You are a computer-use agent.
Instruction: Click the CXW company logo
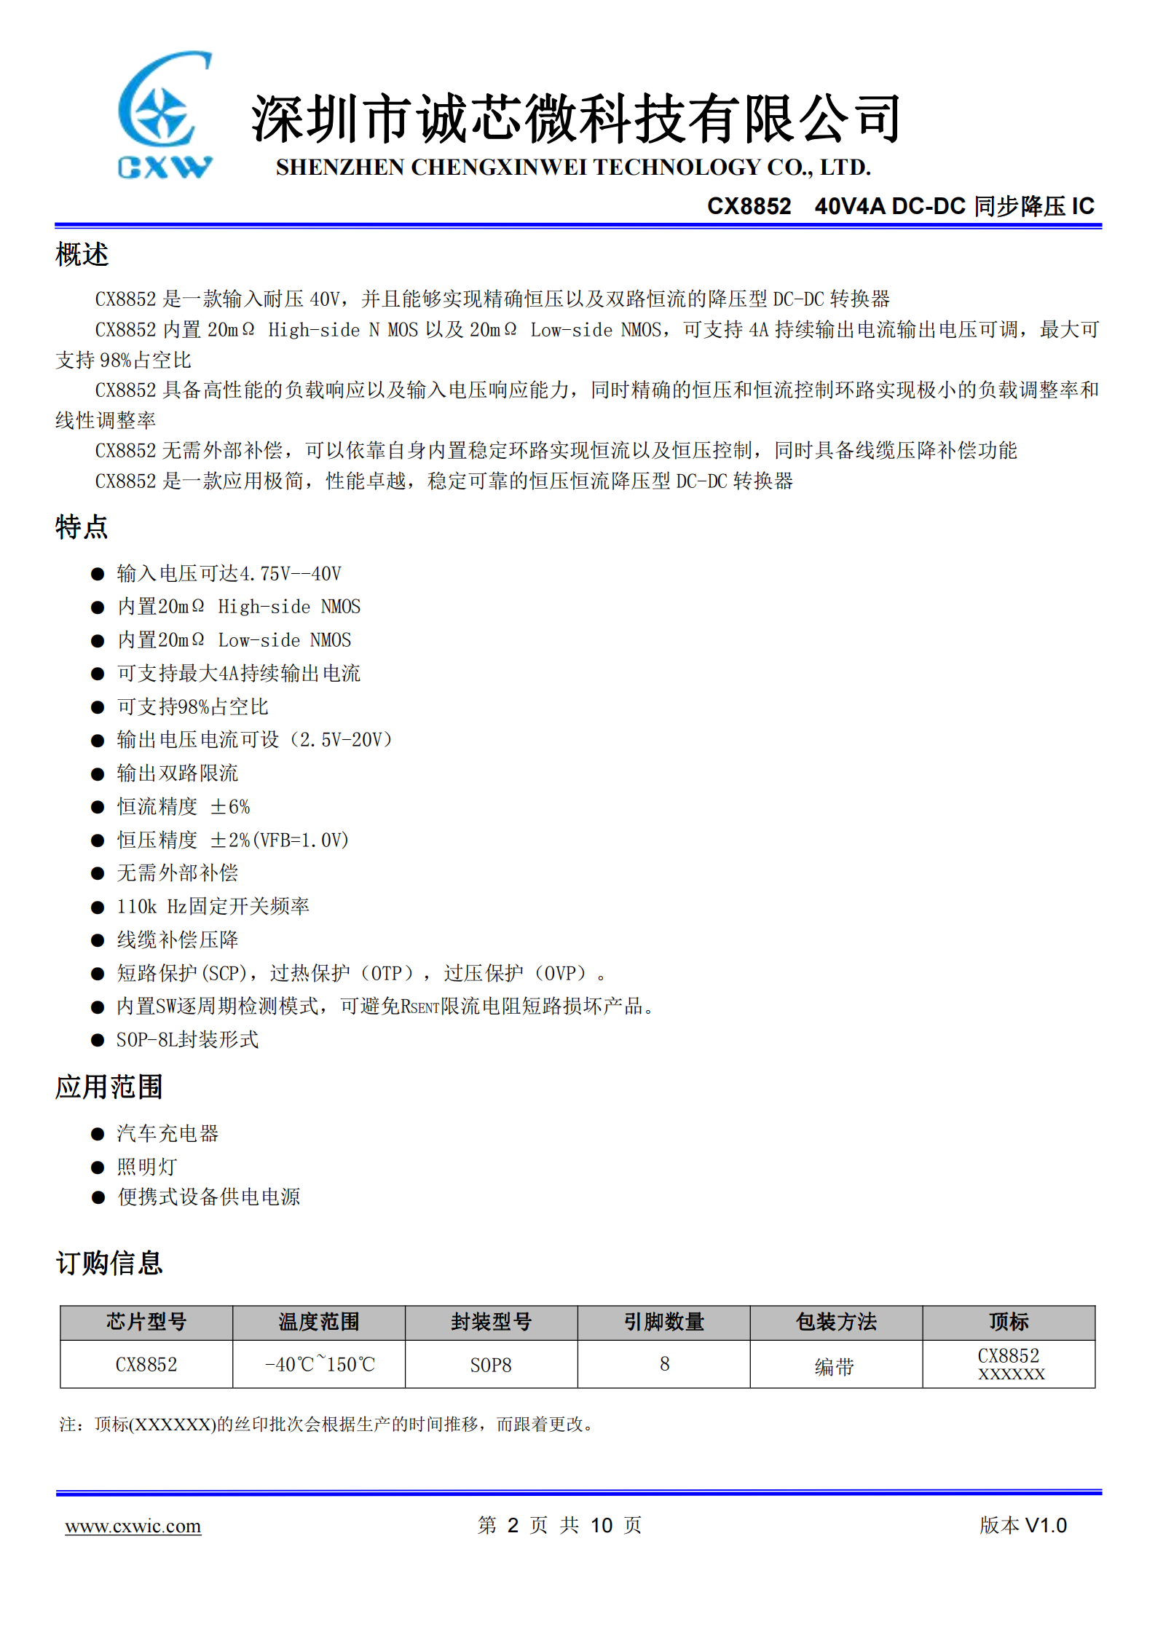[165, 115]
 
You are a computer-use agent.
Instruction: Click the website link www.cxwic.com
[133, 1525]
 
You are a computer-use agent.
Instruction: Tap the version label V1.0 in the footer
[1045, 1525]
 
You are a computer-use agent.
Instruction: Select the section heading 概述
[82, 255]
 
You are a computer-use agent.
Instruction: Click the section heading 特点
[82, 527]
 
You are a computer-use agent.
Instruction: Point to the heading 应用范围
[109, 1087]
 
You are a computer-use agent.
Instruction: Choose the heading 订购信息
[109, 1263]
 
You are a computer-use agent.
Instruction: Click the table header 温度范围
[319, 1322]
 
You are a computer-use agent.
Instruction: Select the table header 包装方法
[836, 1322]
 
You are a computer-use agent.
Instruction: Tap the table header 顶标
[1009, 1322]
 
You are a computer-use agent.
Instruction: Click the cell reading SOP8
[491, 1365]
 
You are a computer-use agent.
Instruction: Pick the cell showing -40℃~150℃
[319, 1364]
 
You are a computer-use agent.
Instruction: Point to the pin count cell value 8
[664, 1363]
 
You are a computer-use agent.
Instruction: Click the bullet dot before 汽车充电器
[98, 1134]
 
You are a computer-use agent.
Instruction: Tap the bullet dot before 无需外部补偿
[98, 873]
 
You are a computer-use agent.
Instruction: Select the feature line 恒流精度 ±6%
[184, 806]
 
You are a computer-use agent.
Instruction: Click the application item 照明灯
[147, 1167]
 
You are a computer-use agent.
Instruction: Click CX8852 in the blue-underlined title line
[749, 206]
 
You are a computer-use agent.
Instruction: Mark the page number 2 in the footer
[513, 1525]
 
